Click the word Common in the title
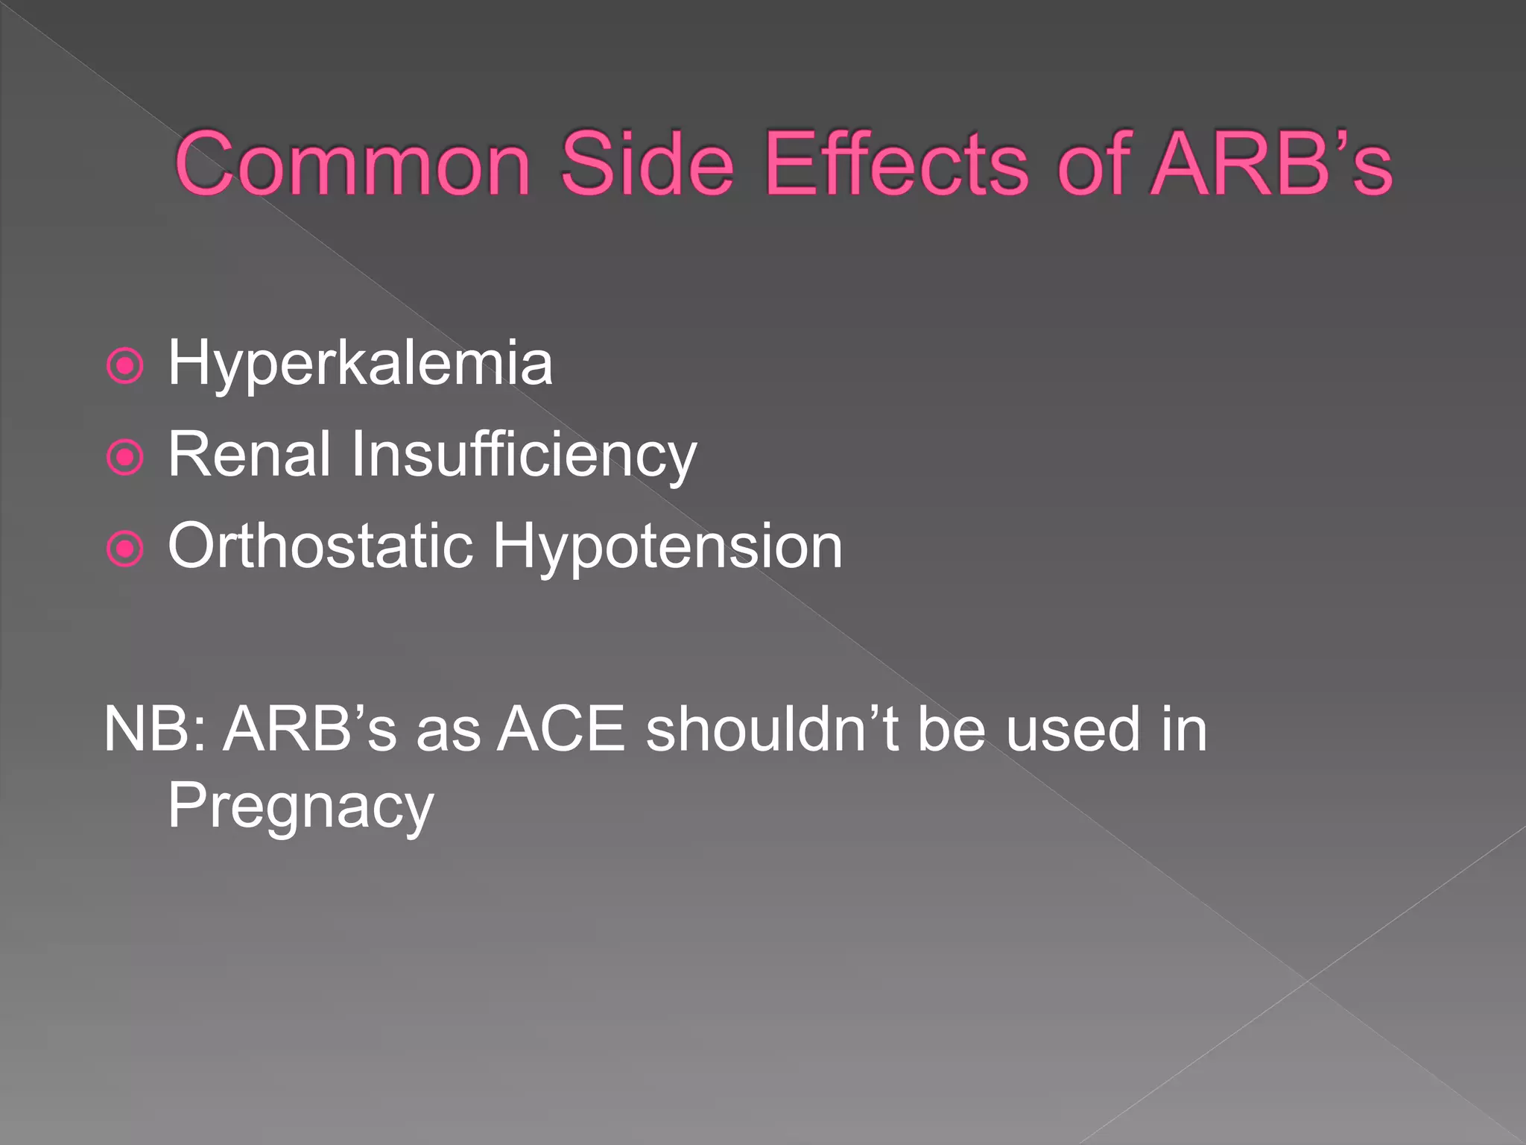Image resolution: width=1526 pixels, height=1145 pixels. pyautogui.click(x=352, y=164)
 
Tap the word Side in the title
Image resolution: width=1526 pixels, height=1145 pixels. pyautogui.click(x=647, y=164)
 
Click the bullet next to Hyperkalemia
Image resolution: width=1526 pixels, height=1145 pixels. pyautogui.click(x=124, y=366)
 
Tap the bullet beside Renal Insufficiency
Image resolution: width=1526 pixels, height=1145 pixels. pyautogui.click(x=124, y=457)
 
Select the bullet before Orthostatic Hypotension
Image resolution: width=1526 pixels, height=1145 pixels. pyautogui.click(x=124, y=549)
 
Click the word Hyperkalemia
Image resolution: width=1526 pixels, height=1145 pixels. pyautogui.click(x=360, y=365)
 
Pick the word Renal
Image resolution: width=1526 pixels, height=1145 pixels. pyautogui.click(x=249, y=455)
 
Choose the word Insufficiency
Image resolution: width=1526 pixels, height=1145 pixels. pyautogui.click(x=524, y=456)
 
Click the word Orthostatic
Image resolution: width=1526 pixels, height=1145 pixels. pyautogui.click(x=320, y=546)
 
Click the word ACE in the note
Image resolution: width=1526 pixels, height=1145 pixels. pyautogui.click(x=560, y=730)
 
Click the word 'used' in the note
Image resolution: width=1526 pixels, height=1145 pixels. pyautogui.click(x=1072, y=730)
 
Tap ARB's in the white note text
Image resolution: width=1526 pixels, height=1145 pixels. pyautogui.click(x=310, y=730)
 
